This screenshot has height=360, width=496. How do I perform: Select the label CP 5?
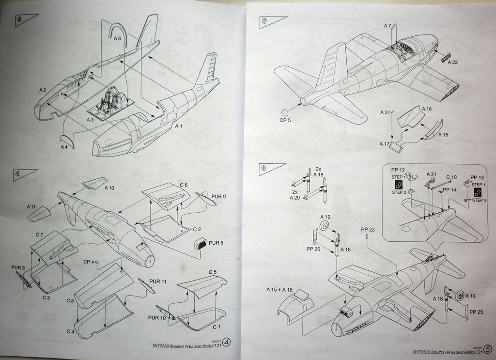[285, 120]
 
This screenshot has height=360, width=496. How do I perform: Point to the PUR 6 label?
[216, 243]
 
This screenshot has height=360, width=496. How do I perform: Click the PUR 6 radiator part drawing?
[199, 244]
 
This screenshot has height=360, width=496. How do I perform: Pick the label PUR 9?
[218, 196]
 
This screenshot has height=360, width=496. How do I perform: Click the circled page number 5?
[487, 347]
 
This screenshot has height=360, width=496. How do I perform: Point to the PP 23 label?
[368, 229]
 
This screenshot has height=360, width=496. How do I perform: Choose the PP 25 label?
[476, 313]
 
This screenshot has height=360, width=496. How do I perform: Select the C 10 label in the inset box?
[451, 177]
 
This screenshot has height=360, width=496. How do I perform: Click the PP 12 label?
[398, 170]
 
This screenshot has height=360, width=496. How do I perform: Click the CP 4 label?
[89, 262]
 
